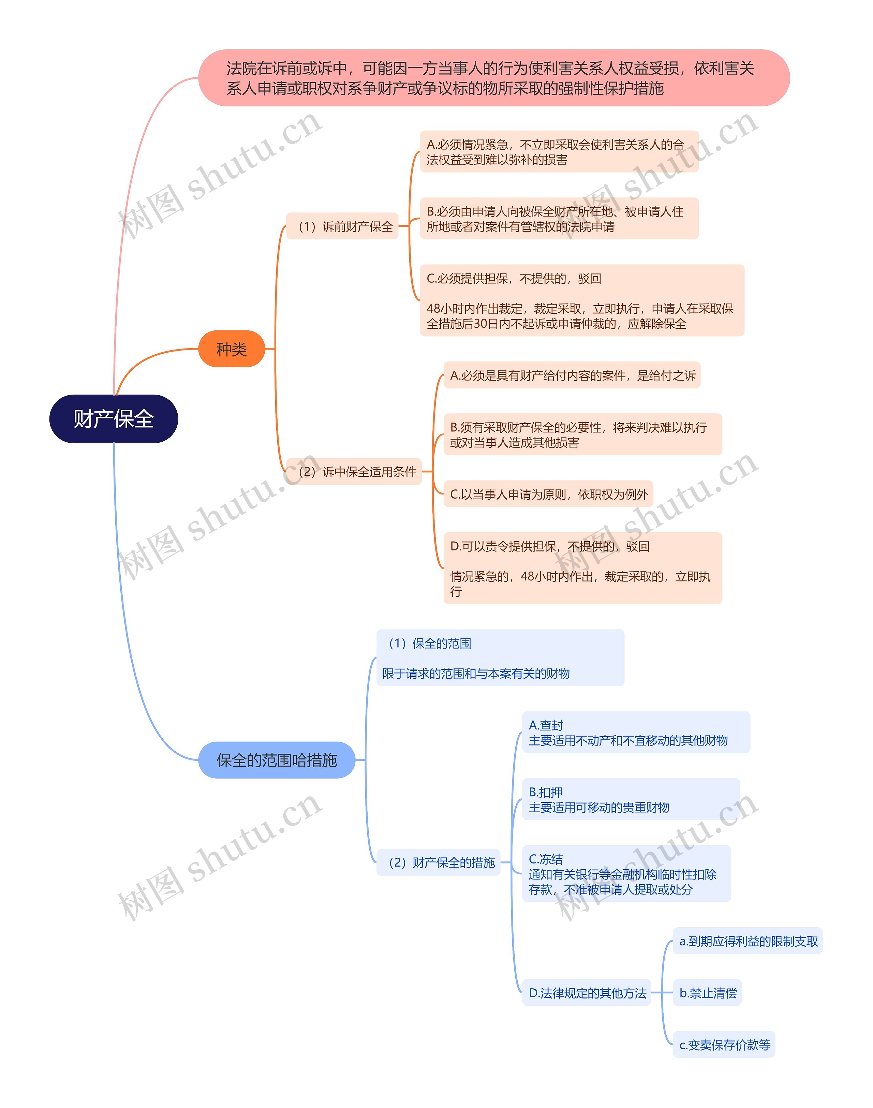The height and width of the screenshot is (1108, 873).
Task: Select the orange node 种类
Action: tap(232, 349)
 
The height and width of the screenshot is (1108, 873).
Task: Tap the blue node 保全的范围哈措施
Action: tap(277, 760)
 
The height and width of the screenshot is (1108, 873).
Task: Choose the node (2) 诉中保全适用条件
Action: tap(354, 471)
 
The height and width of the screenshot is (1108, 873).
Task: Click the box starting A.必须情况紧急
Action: tap(559, 152)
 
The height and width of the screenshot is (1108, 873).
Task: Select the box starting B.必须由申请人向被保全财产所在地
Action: tap(559, 219)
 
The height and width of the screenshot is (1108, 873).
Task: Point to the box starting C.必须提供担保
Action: tap(582, 300)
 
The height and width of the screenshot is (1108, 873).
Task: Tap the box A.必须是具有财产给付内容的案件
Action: tap(572, 375)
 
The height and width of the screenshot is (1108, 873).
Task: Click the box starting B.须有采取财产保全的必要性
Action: tap(582, 434)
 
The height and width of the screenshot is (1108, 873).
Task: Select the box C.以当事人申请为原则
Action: tap(548, 494)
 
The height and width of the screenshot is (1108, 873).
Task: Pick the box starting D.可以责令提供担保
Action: tap(582, 568)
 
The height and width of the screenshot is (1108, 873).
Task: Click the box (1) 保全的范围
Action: tap(500, 658)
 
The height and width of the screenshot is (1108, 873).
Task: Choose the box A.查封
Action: tap(635, 733)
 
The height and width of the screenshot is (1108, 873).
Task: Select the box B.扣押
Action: tap(630, 799)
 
